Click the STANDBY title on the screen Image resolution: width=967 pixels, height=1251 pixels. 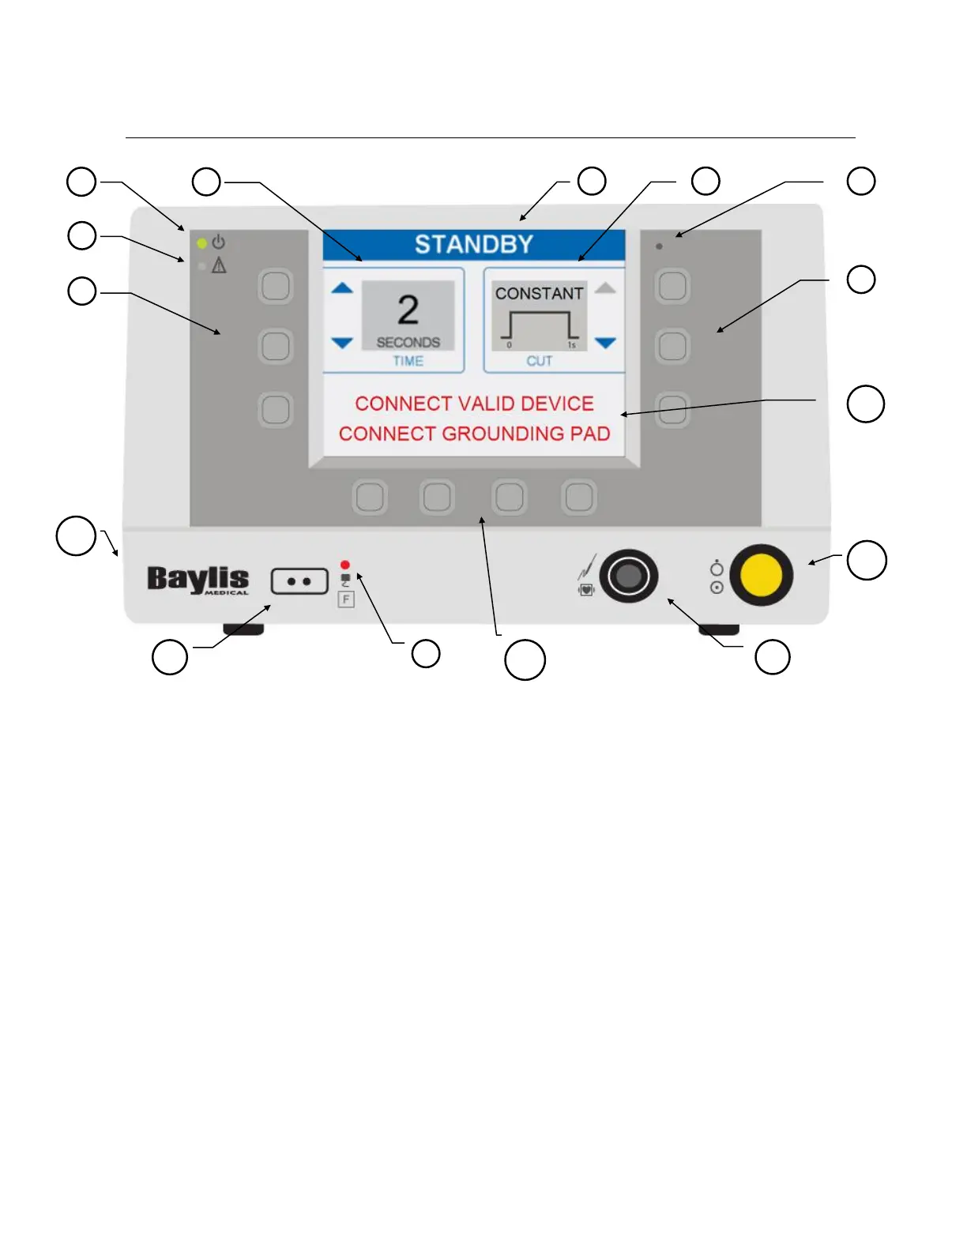(x=474, y=245)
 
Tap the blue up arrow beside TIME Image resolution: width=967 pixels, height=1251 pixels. (x=342, y=288)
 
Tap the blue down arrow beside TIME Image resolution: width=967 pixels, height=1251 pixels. (x=342, y=343)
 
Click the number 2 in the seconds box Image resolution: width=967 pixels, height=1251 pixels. (x=408, y=310)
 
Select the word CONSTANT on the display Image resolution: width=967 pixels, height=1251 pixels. (x=539, y=294)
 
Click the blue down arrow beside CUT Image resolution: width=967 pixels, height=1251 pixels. (x=605, y=343)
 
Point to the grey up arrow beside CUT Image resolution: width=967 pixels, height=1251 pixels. (x=605, y=288)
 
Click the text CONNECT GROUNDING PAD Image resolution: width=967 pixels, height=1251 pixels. (x=474, y=434)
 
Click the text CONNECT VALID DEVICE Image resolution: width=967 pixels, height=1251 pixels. (x=474, y=404)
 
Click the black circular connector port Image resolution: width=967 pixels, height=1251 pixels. (x=628, y=576)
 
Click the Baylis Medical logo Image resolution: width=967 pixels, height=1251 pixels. (x=198, y=580)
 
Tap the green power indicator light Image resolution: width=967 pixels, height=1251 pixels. (x=202, y=243)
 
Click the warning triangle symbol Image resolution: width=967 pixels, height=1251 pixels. (x=219, y=266)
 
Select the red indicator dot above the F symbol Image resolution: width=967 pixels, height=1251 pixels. (x=345, y=565)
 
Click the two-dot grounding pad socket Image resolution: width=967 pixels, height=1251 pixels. (x=299, y=581)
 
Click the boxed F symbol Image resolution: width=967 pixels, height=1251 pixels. (x=346, y=599)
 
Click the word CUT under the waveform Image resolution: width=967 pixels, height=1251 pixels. (x=540, y=361)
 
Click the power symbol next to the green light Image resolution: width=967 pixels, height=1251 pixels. (x=219, y=242)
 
